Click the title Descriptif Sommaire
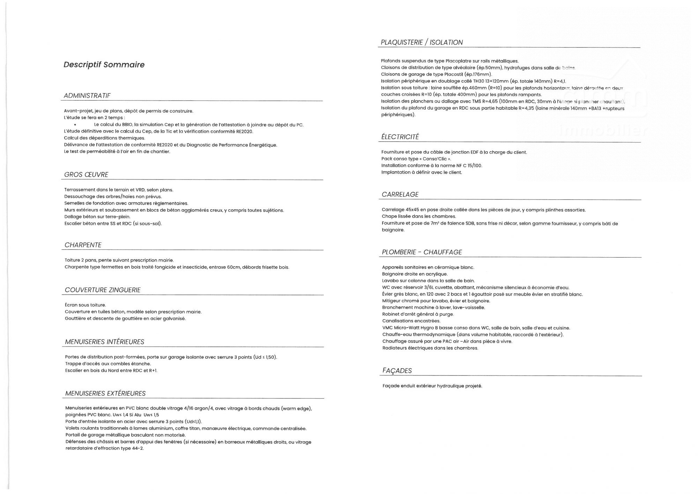point(104,65)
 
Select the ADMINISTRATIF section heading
point(87,96)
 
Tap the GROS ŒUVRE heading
point(86,175)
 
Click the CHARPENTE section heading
point(83,245)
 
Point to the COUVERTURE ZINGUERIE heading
point(103,290)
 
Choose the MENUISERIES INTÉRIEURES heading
point(105,342)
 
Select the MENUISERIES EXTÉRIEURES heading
point(105,393)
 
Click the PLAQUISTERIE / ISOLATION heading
point(422,43)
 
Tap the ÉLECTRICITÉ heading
point(400,137)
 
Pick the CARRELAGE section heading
point(400,195)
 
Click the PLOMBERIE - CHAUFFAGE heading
point(422,252)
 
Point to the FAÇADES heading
point(397,371)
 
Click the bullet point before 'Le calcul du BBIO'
point(75,125)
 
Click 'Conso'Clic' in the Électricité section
point(435,159)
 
